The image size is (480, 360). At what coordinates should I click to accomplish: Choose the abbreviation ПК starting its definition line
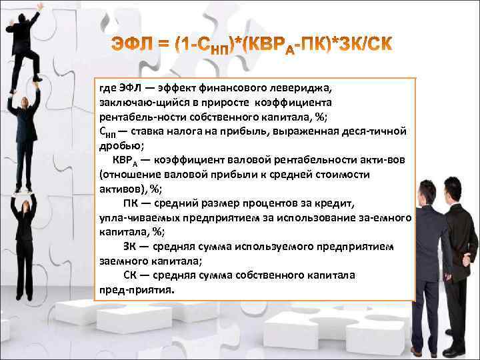coord(132,203)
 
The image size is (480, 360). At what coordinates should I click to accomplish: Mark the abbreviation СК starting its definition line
coord(131,275)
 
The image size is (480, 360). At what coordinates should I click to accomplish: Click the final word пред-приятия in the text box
coord(136,289)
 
